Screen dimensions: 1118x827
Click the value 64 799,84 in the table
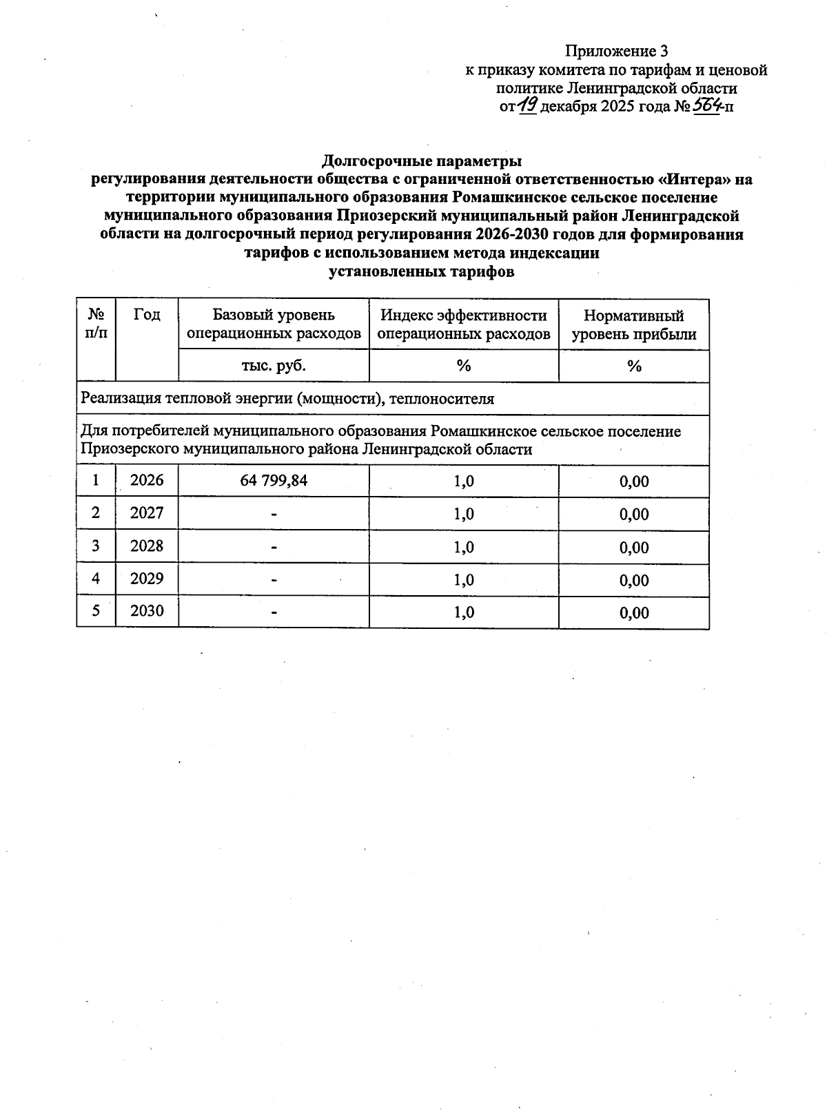point(274,481)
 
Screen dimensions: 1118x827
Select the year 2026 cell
point(147,480)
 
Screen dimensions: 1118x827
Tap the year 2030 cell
point(147,611)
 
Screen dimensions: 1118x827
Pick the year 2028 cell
point(147,546)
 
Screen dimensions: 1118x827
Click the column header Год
point(147,315)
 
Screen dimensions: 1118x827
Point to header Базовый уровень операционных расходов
point(274,324)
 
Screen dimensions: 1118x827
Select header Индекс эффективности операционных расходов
point(464,324)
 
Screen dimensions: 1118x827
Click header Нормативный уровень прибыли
point(633,325)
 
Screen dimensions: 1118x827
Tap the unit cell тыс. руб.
point(274,366)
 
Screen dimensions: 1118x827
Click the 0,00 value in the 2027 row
point(634,515)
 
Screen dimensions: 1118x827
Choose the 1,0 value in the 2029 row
point(464,579)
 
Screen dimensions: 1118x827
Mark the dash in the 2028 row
point(274,548)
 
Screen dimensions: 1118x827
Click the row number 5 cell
point(96,611)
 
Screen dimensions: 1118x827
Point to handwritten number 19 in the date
point(528,105)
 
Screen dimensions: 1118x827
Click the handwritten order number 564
point(706,105)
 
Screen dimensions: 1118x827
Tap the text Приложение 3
point(616,52)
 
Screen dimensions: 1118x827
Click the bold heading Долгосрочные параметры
point(422,161)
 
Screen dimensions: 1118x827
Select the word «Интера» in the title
point(696,180)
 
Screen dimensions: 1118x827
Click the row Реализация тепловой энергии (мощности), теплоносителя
point(287,399)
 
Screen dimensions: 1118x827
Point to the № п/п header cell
point(96,324)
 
